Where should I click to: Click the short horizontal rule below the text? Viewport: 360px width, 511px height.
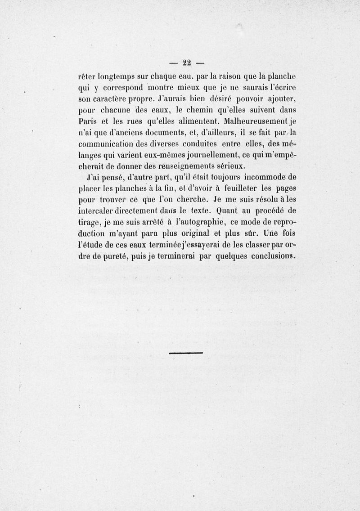186,352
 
